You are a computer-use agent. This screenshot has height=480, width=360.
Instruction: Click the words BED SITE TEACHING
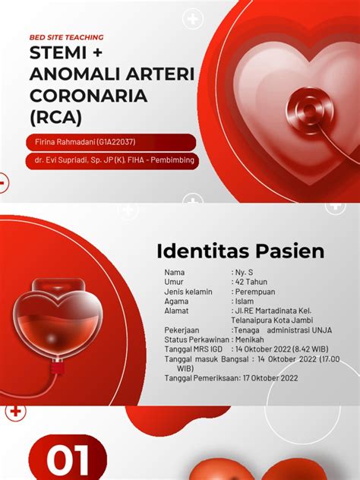coord(66,37)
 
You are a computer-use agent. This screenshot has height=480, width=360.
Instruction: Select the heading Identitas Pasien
coord(240,251)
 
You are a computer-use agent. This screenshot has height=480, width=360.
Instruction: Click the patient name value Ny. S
coord(245,272)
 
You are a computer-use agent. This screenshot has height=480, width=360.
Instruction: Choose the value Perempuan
coord(255,292)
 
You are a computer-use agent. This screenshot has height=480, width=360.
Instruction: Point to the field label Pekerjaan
coord(182,330)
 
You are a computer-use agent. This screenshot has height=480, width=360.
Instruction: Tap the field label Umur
coord(174,282)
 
